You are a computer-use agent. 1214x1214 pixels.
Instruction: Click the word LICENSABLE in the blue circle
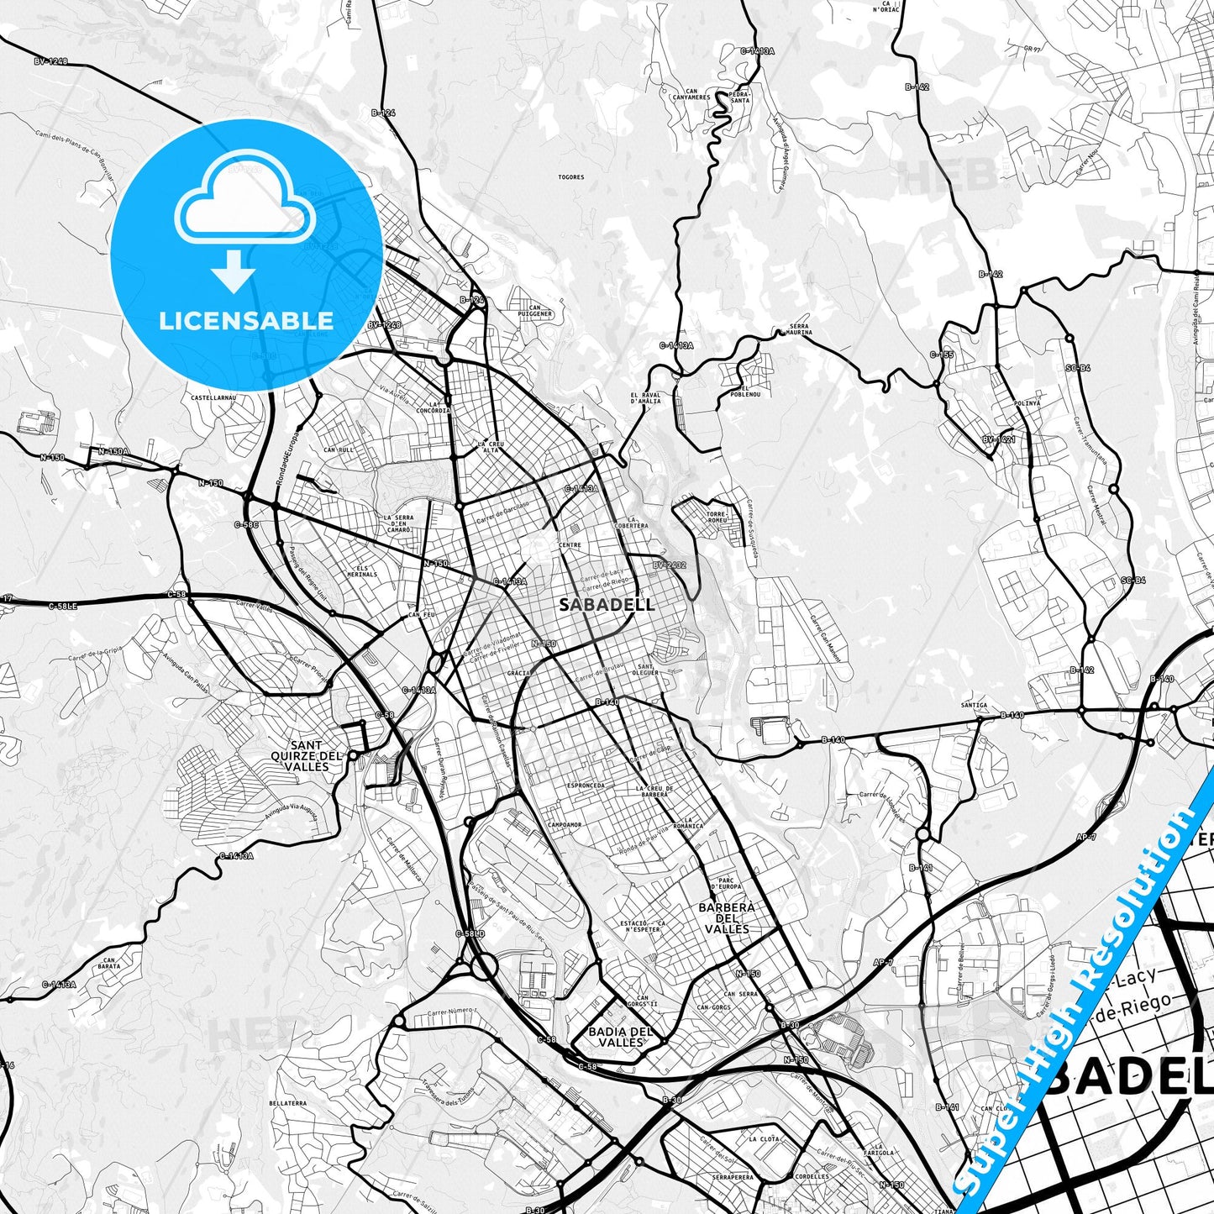pyautogui.click(x=246, y=321)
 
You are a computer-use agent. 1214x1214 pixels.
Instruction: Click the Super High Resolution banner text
pyautogui.click(x=1085, y=999)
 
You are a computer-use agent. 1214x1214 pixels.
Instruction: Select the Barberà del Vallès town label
pyautogui.click(x=726, y=917)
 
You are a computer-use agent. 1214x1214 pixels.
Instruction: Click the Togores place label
pyautogui.click(x=570, y=177)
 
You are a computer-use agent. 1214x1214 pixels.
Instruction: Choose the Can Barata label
pyautogui.click(x=109, y=963)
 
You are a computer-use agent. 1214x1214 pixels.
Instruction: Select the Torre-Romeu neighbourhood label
pyautogui.click(x=716, y=516)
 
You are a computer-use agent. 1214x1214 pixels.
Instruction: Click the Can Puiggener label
pyautogui.click(x=535, y=310)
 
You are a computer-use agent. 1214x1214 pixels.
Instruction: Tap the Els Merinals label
pyautogui.click(x=361, y=570)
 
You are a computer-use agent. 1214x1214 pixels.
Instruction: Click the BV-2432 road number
pyautogui.click(x=669, y=565)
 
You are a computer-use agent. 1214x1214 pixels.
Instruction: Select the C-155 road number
pyautogui.click(x=942, y=355)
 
